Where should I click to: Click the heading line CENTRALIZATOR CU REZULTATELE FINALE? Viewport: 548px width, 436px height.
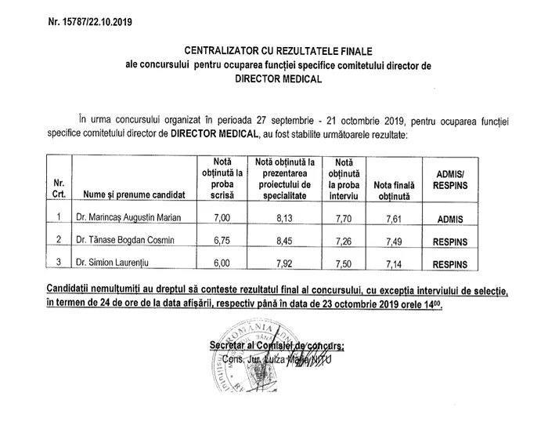tap(283, 50)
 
